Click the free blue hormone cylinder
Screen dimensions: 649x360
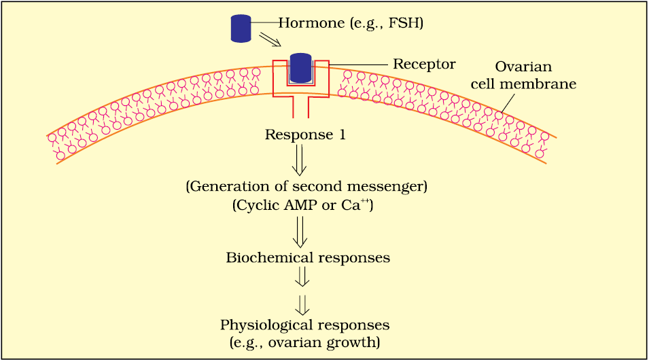click(x=241, y=28)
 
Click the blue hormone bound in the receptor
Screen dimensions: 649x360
click(x=300, y=68)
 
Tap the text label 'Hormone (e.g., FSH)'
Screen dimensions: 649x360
click(x=351, y=23)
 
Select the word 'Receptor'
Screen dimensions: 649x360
click(x=424, y=64)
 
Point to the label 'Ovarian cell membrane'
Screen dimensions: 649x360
click(x=523, y=75)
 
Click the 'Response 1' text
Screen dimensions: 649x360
click(x=305, y=135)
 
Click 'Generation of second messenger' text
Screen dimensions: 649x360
click(x=306, y=187)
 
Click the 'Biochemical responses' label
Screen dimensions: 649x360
click(x=308, y=258)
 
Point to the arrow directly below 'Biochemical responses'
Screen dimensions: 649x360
click(x=302, y=277)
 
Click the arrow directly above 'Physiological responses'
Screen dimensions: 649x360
click(x=302, y=306)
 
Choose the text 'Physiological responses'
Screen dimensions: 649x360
click(x=304, y=325)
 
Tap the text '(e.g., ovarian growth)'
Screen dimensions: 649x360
click(x=304, y=343)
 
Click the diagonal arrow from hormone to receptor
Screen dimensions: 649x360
click(x=270, y=39)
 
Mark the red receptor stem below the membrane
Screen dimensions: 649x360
click(x=301, y=107)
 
